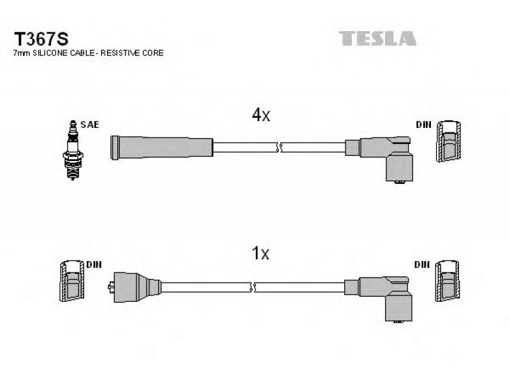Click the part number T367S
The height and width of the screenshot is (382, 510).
tap(41, 39)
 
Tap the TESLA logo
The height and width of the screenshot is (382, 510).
tap(377, 38)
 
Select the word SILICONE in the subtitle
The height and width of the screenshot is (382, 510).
tap(50, 53)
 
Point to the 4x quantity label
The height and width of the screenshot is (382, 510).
tap(261, 115)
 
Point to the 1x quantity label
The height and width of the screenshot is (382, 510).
tap(261, 253)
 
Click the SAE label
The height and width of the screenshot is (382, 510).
tap(90, 124)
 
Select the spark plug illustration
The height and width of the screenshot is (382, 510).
tap(73, 150)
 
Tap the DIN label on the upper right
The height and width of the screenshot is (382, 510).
tap(423, 124)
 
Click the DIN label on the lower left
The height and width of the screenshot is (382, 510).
tap(94, 265)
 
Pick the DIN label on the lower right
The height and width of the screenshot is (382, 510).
tap(422, 265)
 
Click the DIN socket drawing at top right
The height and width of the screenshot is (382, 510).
tap(449, 141)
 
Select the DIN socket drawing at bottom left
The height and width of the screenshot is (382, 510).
tap(72, 281)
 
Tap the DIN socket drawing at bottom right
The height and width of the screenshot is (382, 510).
tap(448, 281)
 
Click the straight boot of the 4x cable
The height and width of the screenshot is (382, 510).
tap(162, 148)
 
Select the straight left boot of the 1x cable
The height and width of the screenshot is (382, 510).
tap(135, 287)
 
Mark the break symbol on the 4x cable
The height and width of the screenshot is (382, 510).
tap(279, 148)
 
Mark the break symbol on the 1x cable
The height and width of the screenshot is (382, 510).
tap(252, 288)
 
